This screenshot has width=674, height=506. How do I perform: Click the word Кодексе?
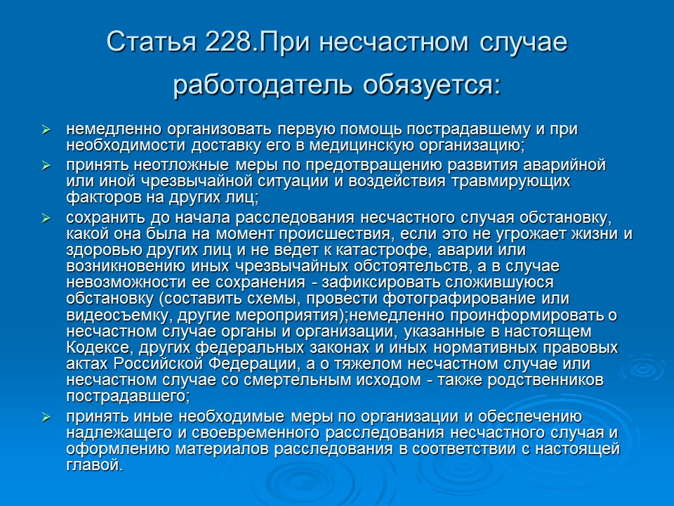95,348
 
